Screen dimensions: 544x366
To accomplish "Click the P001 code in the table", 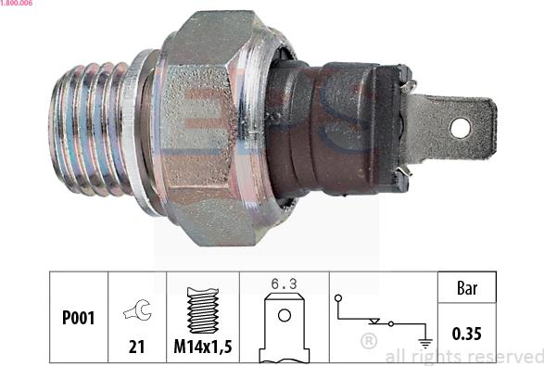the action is (x=78, y=318).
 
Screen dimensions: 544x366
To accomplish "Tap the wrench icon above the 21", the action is (x=138, y=309).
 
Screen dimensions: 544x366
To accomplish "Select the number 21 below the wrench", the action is (x=136, y=347).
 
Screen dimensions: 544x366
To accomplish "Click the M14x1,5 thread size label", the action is (x=203, y=347).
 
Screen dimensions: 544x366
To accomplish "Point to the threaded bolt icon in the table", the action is (x=203, y=310).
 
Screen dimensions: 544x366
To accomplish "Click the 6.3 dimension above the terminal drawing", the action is (x=285, y=284).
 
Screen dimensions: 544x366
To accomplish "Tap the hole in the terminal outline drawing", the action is (x=285, y=315).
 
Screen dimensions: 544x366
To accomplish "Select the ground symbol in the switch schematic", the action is (x=425, y=343).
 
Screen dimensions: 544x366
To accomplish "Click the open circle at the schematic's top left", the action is (x=338, y=298).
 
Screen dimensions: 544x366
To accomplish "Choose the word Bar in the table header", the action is (x=467, y=288).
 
